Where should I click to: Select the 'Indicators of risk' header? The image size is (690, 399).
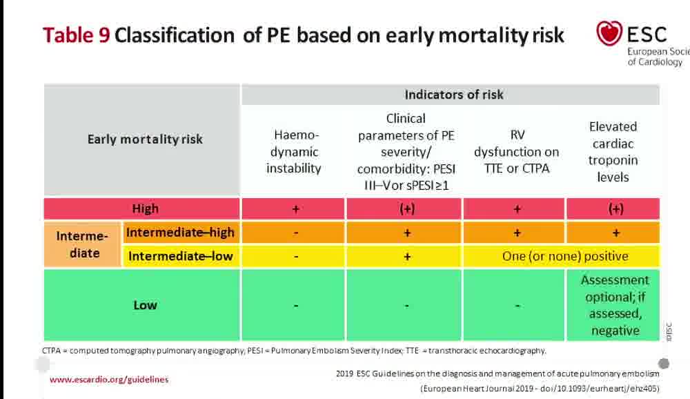[453, 95]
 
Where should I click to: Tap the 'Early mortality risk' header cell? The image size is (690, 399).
[145, 139]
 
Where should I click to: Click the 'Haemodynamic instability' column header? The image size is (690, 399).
[293, 151]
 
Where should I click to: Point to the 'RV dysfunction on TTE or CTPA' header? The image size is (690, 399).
[517, 151]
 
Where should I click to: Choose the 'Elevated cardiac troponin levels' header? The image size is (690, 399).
[613, 151]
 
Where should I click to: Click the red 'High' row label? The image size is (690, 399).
[145, 208]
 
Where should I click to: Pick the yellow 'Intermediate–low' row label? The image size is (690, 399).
[181, 257]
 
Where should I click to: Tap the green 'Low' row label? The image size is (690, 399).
[145, 304]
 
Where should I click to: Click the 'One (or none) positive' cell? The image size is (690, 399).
[564, 256]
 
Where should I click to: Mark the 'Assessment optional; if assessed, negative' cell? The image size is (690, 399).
[614, 305]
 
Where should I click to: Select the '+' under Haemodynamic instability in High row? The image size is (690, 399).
[295, 208]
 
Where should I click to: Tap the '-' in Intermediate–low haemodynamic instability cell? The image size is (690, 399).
[295, 256]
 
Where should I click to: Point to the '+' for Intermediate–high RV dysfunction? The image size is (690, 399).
[517, 233]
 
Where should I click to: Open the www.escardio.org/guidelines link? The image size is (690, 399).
[109, 379]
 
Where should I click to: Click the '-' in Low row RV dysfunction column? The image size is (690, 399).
[517, 305]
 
